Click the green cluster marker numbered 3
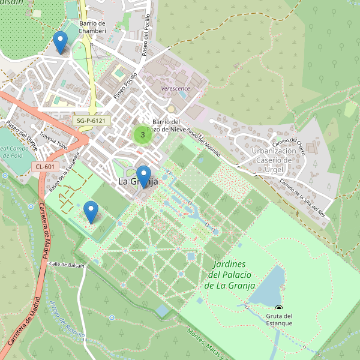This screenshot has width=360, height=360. coord(142,135)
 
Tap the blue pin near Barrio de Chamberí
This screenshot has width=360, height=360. coord(60,42)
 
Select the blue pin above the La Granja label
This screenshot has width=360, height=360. coord(143,176)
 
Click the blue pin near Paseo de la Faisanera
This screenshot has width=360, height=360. coord(91,211)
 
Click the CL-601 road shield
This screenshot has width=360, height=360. coord(45,167)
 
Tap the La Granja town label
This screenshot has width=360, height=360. coord(137,181)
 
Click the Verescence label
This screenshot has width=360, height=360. coord(175,88)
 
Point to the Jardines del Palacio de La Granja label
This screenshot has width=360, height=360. coord(231,275)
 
